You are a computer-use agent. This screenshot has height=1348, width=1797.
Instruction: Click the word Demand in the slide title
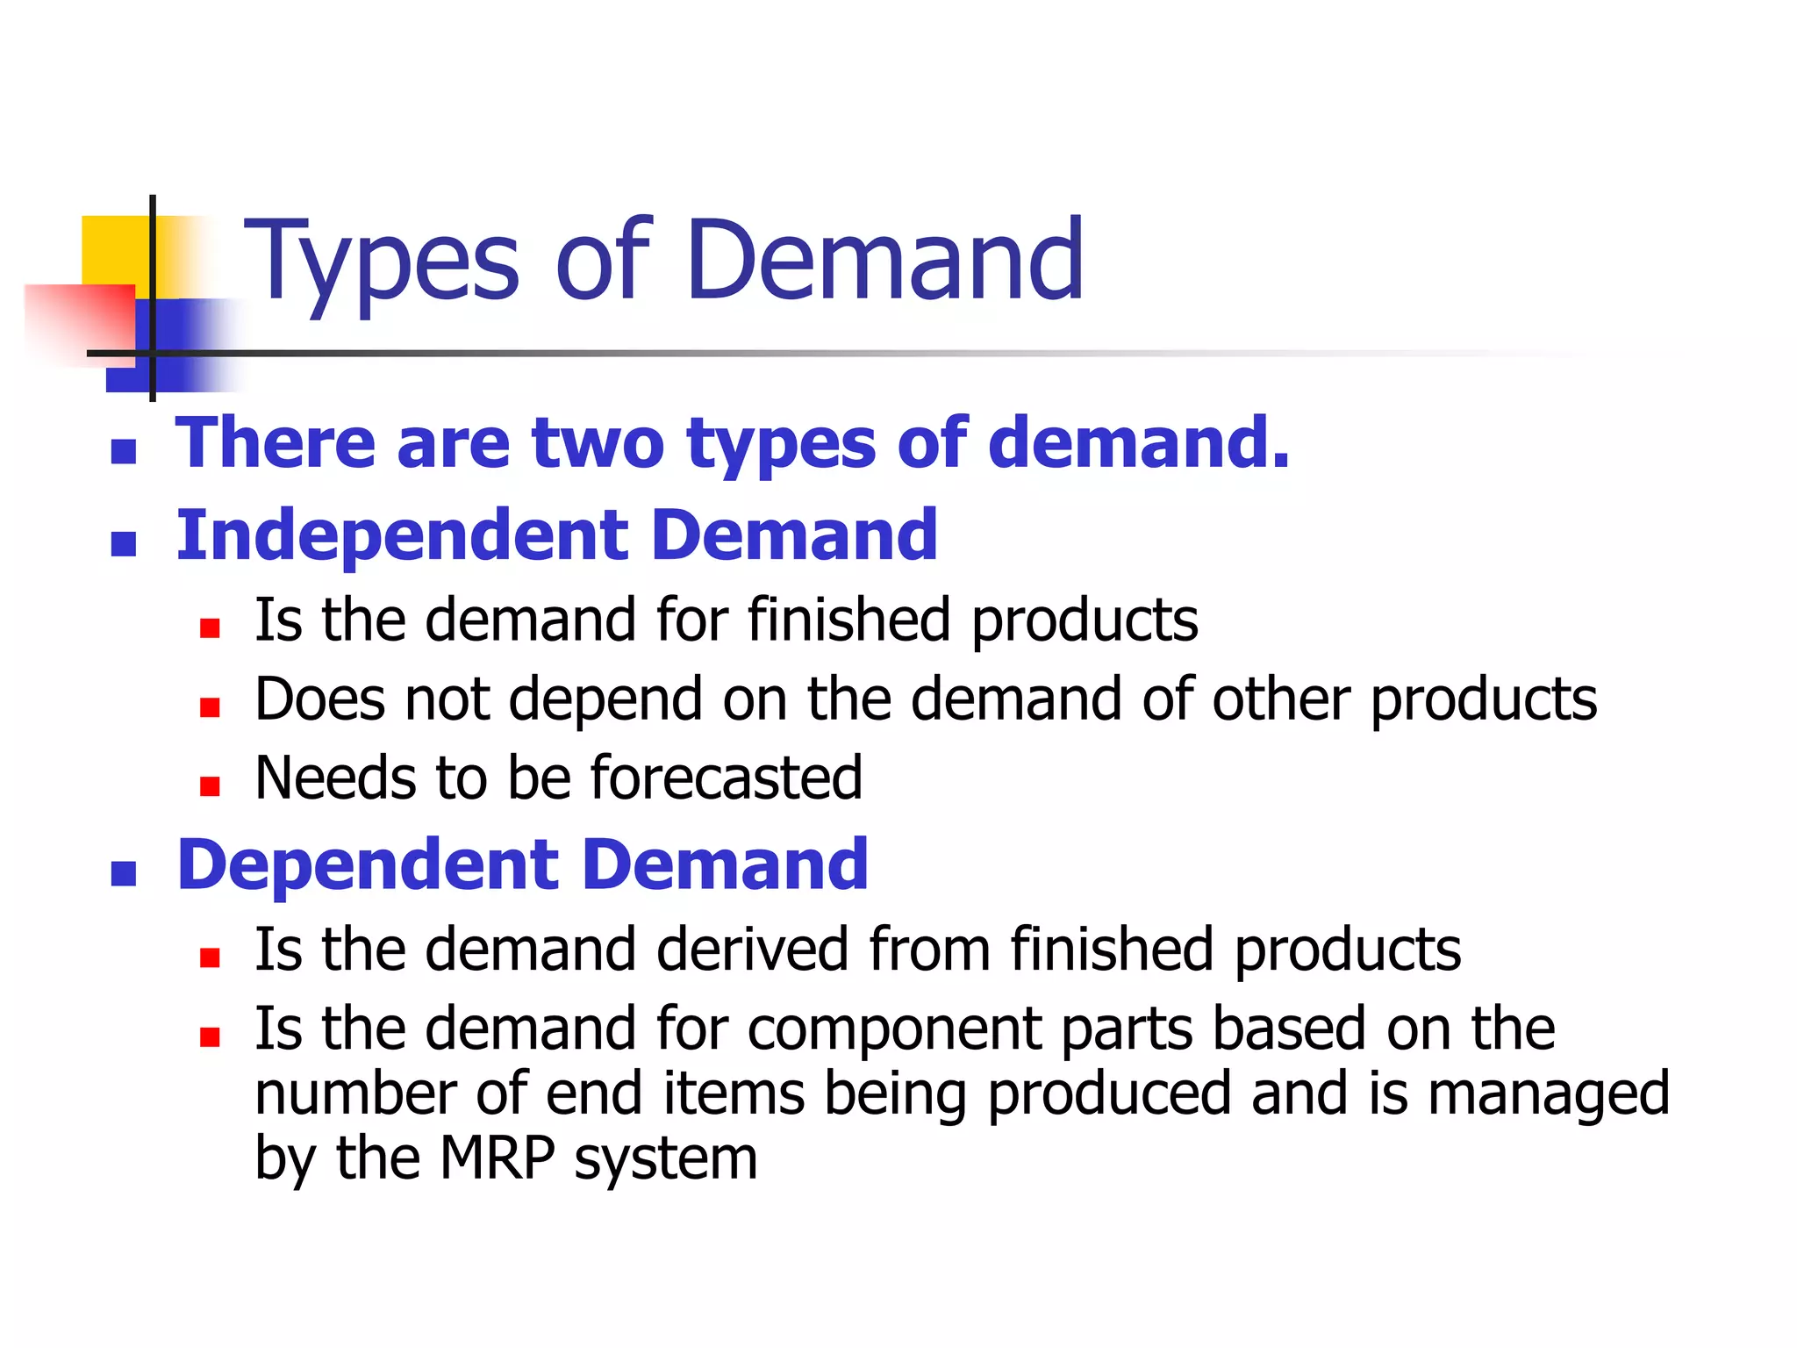(885, 261)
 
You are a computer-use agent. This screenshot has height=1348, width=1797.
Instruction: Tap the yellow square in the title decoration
(114, 250)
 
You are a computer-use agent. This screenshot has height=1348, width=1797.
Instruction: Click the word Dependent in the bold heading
(368, 865)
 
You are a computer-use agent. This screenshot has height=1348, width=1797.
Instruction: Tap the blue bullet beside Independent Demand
(124, 544)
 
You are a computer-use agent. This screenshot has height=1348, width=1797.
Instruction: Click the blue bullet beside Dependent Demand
(124, 873)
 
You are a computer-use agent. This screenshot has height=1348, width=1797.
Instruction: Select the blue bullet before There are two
(124, 451)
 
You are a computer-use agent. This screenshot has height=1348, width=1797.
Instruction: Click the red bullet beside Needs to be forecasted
(210, 785)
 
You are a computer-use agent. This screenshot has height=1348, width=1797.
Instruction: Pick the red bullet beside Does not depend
(210, 706)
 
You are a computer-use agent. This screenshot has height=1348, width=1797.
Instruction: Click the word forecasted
(727, 778)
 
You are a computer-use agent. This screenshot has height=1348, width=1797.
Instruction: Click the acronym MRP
(498, 1158)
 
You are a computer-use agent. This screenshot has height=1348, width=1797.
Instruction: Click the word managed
(1548, 1095)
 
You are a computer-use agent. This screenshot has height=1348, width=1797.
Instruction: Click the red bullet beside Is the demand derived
(210, 957)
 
